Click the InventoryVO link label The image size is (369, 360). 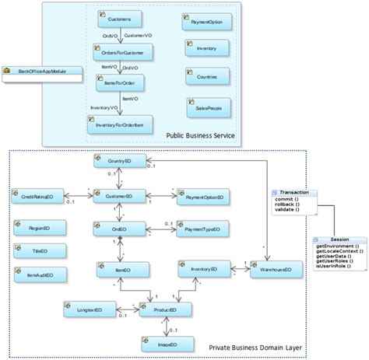point(103,108)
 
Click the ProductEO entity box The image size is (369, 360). point(163,309)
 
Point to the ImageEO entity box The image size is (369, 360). point(163,343)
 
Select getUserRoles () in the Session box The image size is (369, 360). point(335,261)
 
